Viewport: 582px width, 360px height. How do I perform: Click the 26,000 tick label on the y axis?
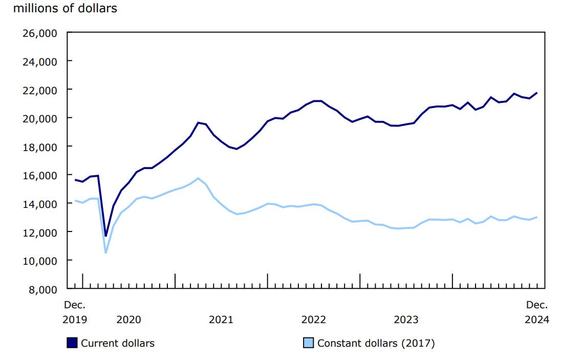pos(39,33)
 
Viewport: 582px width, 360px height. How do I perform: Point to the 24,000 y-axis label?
pos(39,61)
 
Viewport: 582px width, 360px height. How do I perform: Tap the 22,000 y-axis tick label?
pos(39,90)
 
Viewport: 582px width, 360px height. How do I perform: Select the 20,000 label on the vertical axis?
pos(39,118)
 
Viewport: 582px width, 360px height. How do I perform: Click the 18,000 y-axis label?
pos(39,147)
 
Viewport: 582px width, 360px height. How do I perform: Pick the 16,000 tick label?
pos(39,175)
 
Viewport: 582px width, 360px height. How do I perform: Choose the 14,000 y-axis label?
pos(39,204)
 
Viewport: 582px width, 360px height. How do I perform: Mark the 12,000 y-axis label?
pos(39,232)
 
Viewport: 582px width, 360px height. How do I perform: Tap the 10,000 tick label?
pos(39,261)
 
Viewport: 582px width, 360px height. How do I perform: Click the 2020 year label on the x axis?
pos(128,320)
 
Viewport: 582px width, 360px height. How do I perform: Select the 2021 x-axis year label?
pos(221,320)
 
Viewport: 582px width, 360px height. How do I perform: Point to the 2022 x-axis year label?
pos(313,320)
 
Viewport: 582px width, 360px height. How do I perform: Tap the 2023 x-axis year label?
pos(406,320)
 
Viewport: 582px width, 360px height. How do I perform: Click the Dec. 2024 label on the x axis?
pos(537,312)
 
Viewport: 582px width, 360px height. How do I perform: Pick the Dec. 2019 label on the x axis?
pos(75,312)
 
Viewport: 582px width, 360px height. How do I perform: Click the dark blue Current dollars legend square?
pos(72,343)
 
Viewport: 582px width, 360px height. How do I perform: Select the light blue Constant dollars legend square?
pos(309,343)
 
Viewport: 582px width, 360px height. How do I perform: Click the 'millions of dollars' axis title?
pos(61,9)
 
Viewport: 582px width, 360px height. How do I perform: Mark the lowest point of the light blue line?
pos(106,252)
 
